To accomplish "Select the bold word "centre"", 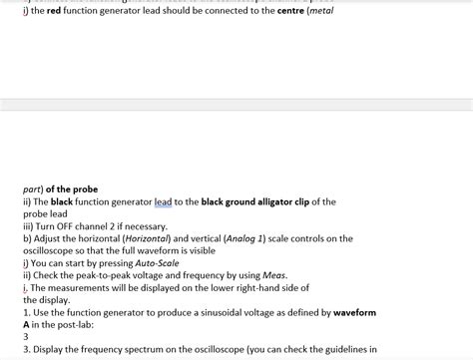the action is (295, 22).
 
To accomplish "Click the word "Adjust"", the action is (52, 238).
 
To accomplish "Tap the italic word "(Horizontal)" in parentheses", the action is (141, 238).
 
